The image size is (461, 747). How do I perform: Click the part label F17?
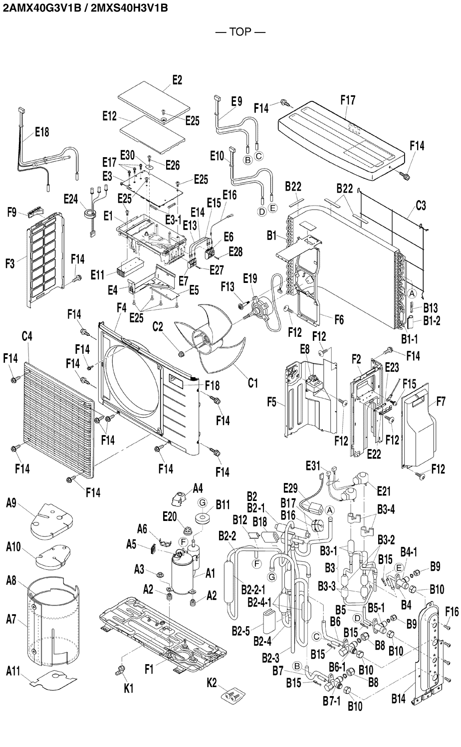pyautogui.click(x=348, y=100)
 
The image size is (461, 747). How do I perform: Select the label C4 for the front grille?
pyautogui.click(x=27, y=336)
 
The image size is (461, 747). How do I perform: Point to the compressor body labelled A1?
pyautogui.click(x=182, y=573)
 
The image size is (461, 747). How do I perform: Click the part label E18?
pyautogui.click(x=42, y=132)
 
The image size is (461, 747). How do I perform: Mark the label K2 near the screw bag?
pyautogui.click(x=212, y=683)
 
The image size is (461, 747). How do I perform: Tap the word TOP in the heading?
pyautogui.click(x=240, y=32)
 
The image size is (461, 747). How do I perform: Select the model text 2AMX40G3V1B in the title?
pyautogui.click(x=42, y=7)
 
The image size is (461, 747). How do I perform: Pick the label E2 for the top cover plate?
pyautogui.click(x=177, y=80)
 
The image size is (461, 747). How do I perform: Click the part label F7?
pyautogui.click(x=441, y=402)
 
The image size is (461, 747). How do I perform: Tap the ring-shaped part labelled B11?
pyautogui.click(x=203, y=518)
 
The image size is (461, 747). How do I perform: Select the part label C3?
pyautogui.click(x=421, y=206)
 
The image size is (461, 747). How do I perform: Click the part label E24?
pyautogui.click(x=71, y=199)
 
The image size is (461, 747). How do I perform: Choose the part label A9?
pyautogui.click(x=11, y=503)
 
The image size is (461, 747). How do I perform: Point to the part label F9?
pyautogui.click(x=12, y=213)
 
